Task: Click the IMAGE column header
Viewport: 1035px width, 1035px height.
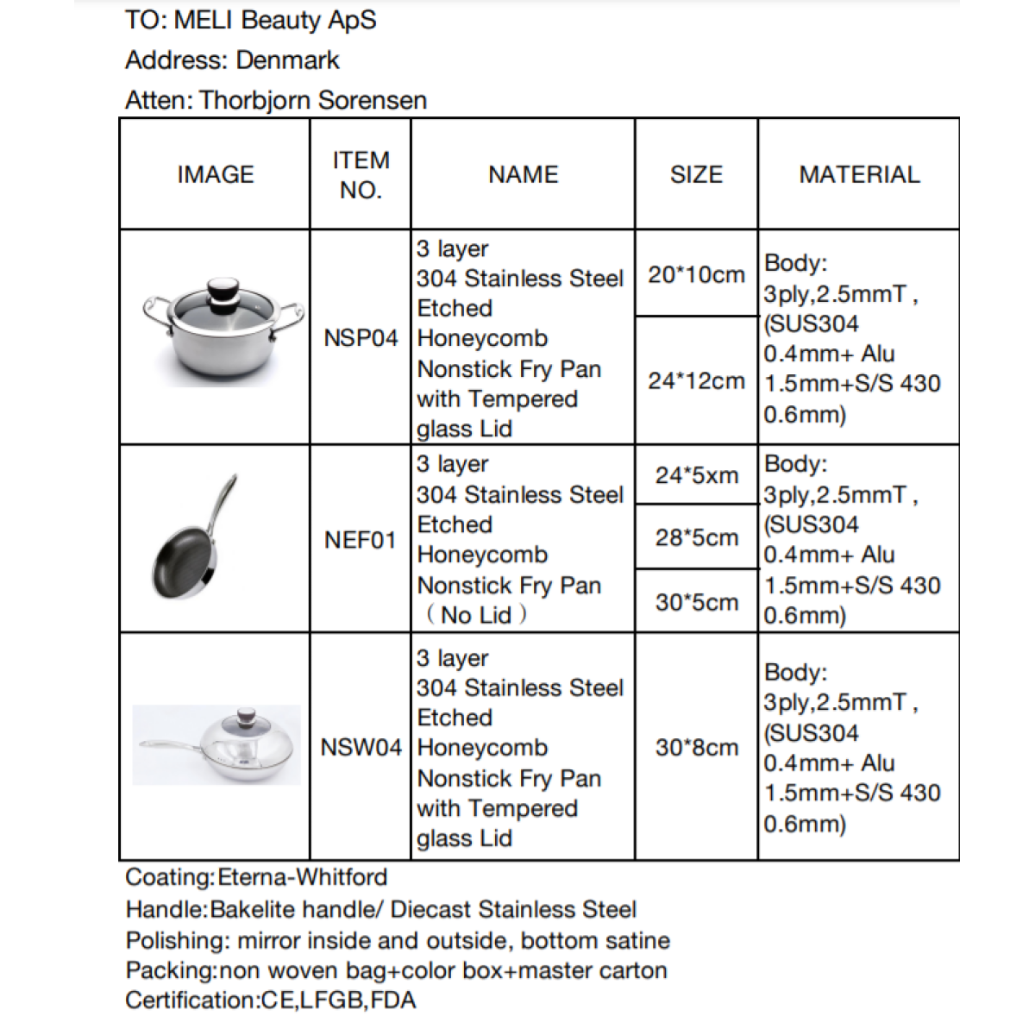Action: (216, 174)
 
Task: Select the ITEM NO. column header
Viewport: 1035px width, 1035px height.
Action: (361, 174)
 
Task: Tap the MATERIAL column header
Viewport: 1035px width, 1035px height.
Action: (859, 174)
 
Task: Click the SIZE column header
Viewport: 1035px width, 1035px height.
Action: (696, 174)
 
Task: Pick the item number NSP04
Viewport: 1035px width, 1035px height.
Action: (361, 338)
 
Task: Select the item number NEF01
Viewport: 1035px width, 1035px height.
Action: (361, 540)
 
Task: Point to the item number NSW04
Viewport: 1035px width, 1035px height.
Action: (361, 747)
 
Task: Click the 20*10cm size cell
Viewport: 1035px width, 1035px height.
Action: (696, 274)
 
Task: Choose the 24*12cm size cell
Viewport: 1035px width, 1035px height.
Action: (696, 380)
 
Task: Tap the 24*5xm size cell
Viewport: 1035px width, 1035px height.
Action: (696, 475)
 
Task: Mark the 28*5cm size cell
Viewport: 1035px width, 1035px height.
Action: (696, 537)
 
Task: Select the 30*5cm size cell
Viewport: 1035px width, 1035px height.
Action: (696, 602)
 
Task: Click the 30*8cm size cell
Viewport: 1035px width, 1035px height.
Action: (696, 747)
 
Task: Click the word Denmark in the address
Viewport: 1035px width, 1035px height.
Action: (287, 60)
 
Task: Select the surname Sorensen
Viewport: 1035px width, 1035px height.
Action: (372, 100)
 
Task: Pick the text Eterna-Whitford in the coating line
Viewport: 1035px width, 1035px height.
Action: (303, 877)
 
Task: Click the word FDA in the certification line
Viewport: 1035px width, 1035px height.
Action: (395, 1000)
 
